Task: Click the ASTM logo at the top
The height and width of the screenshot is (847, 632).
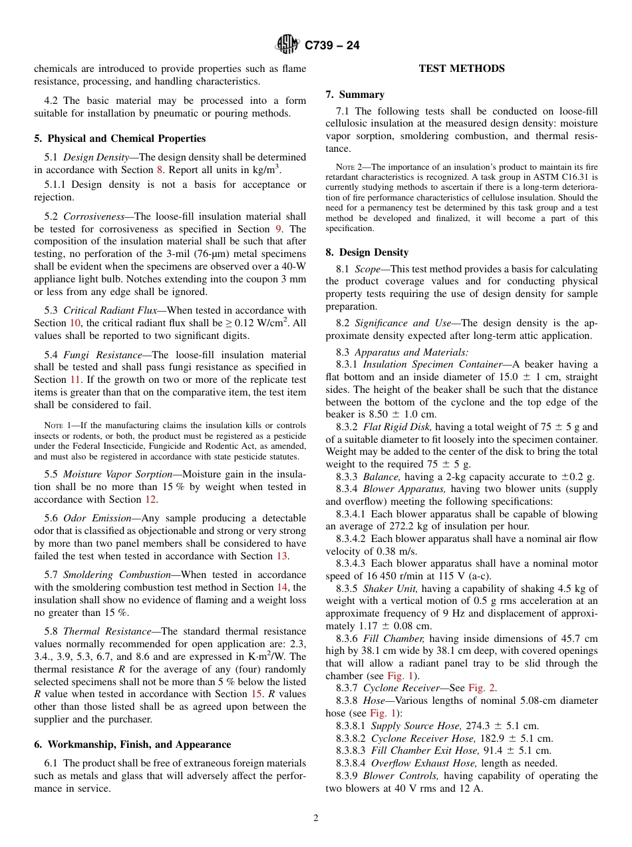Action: pos(287,45)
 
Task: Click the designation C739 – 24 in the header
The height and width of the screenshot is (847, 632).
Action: pos(332,46)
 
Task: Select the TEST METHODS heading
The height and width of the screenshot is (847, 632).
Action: pos(461,69)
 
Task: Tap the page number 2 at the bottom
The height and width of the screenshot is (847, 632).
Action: pos(316,818)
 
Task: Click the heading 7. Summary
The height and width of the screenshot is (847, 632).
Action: pos(355,95)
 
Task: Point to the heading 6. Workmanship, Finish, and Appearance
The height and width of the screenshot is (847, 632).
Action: pos(132,744)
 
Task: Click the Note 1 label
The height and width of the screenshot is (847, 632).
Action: pos(53,425)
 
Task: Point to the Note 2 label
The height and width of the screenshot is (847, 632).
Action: pos(345,167)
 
